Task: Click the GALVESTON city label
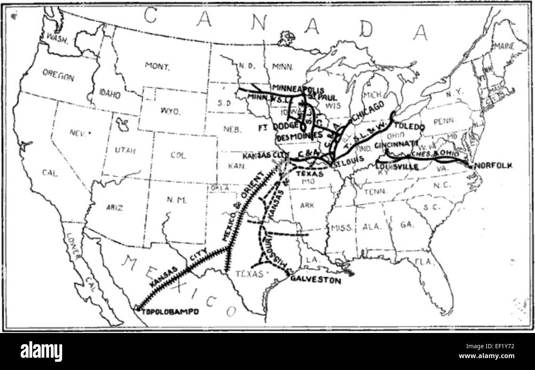point(316,281)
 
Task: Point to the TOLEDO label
point(409,127)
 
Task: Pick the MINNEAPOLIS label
point(298,90)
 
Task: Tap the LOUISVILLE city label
point(397,167)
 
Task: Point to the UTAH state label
point(125,150)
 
